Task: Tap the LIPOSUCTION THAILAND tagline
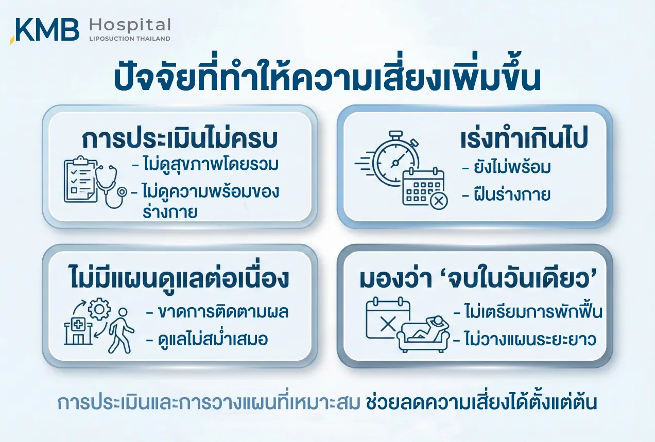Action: click(130, 39)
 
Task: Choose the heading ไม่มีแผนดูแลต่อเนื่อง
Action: click(180, 277)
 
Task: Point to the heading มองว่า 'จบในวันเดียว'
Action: click(477, 279)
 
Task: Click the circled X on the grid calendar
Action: click(438, 201)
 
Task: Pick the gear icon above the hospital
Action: click(99, 309)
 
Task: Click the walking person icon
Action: click(121, 330)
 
